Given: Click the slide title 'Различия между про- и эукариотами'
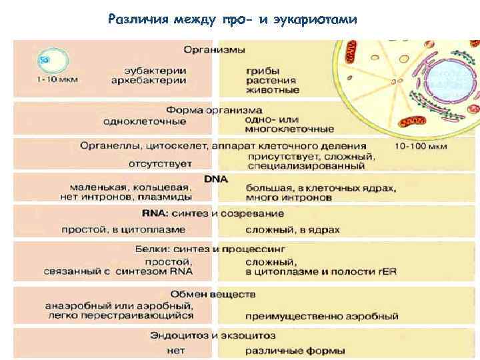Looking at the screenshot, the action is pyautogui.click(x=232, y=19).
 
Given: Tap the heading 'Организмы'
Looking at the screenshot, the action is pyautogui.click(x=215, y=50).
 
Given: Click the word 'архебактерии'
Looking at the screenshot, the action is pyautogui.click(x=149, y=80).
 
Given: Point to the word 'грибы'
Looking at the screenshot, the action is pyautogui.click(x=262, y=69).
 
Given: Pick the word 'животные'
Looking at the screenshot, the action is pyautogui.click(x=272, y=90).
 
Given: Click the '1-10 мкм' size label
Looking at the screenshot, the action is pyautogui.click(x=57, y=79).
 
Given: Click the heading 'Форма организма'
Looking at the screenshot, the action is pyautogui.click(x=214, y=110).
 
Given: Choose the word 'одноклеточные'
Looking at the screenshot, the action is pyautogui.click(x=145, y=121).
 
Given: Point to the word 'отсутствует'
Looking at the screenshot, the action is pyautogui.click(x=160, y=163).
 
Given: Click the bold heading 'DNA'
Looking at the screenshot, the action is pyautogui.click(x=216, y=179).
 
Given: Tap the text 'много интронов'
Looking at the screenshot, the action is pyautogui.click(x=288, y=198).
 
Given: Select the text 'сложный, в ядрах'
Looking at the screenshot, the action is pyautogui.click(x=293, y=230).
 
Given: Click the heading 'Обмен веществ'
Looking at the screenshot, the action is pyautogui.click(x=213, y=294).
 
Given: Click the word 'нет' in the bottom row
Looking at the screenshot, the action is pyautogui.click(x=176, y=349).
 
